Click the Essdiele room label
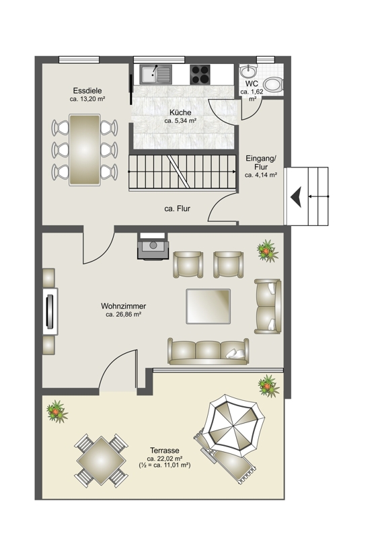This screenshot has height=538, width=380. tap(87, 91)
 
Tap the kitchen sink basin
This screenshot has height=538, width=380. tap(150, 73)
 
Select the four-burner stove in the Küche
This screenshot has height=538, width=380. tap(200, 75)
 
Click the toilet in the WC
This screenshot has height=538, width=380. tap(273, 85)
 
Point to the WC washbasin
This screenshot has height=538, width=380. tap(248, 71)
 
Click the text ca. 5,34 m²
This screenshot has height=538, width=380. tap(180, 121)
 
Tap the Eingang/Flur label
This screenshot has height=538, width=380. tap(261, 163)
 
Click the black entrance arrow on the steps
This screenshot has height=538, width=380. tap(296, 196)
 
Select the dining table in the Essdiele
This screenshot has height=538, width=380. tap(85, 150)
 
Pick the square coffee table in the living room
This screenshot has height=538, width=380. tap(208, 307)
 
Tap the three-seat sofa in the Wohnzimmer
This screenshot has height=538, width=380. tap(208, 351)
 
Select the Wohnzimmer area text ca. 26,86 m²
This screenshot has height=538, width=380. tap(124, 314)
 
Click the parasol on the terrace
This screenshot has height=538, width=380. tap(234, 424)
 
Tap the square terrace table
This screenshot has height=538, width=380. tap(102, 461)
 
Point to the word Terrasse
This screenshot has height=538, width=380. tap(165, 451)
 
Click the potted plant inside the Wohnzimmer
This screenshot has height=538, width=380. tap(268, 251)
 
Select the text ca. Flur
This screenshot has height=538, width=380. tap(177, 208)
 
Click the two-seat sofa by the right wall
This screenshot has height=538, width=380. tap(268, 307)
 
